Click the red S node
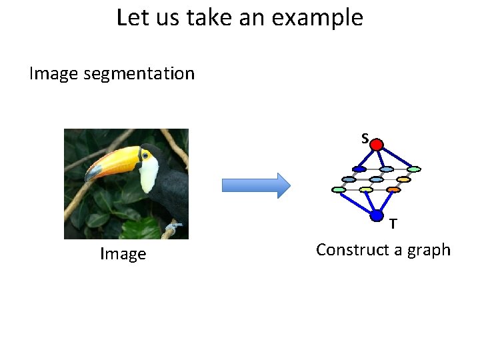(377, 145)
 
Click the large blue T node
(377, 215)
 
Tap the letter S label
(365, 138)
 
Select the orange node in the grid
(393, 190)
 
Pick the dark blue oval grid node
(359, 169)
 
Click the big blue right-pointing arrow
(256, 185)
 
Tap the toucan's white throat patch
(149, 173)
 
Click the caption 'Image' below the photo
(123, 254)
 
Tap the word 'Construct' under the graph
(349, 250)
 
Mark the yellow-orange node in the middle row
(403, 179)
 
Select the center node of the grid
(376, 179)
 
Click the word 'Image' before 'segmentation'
(54, 73)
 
